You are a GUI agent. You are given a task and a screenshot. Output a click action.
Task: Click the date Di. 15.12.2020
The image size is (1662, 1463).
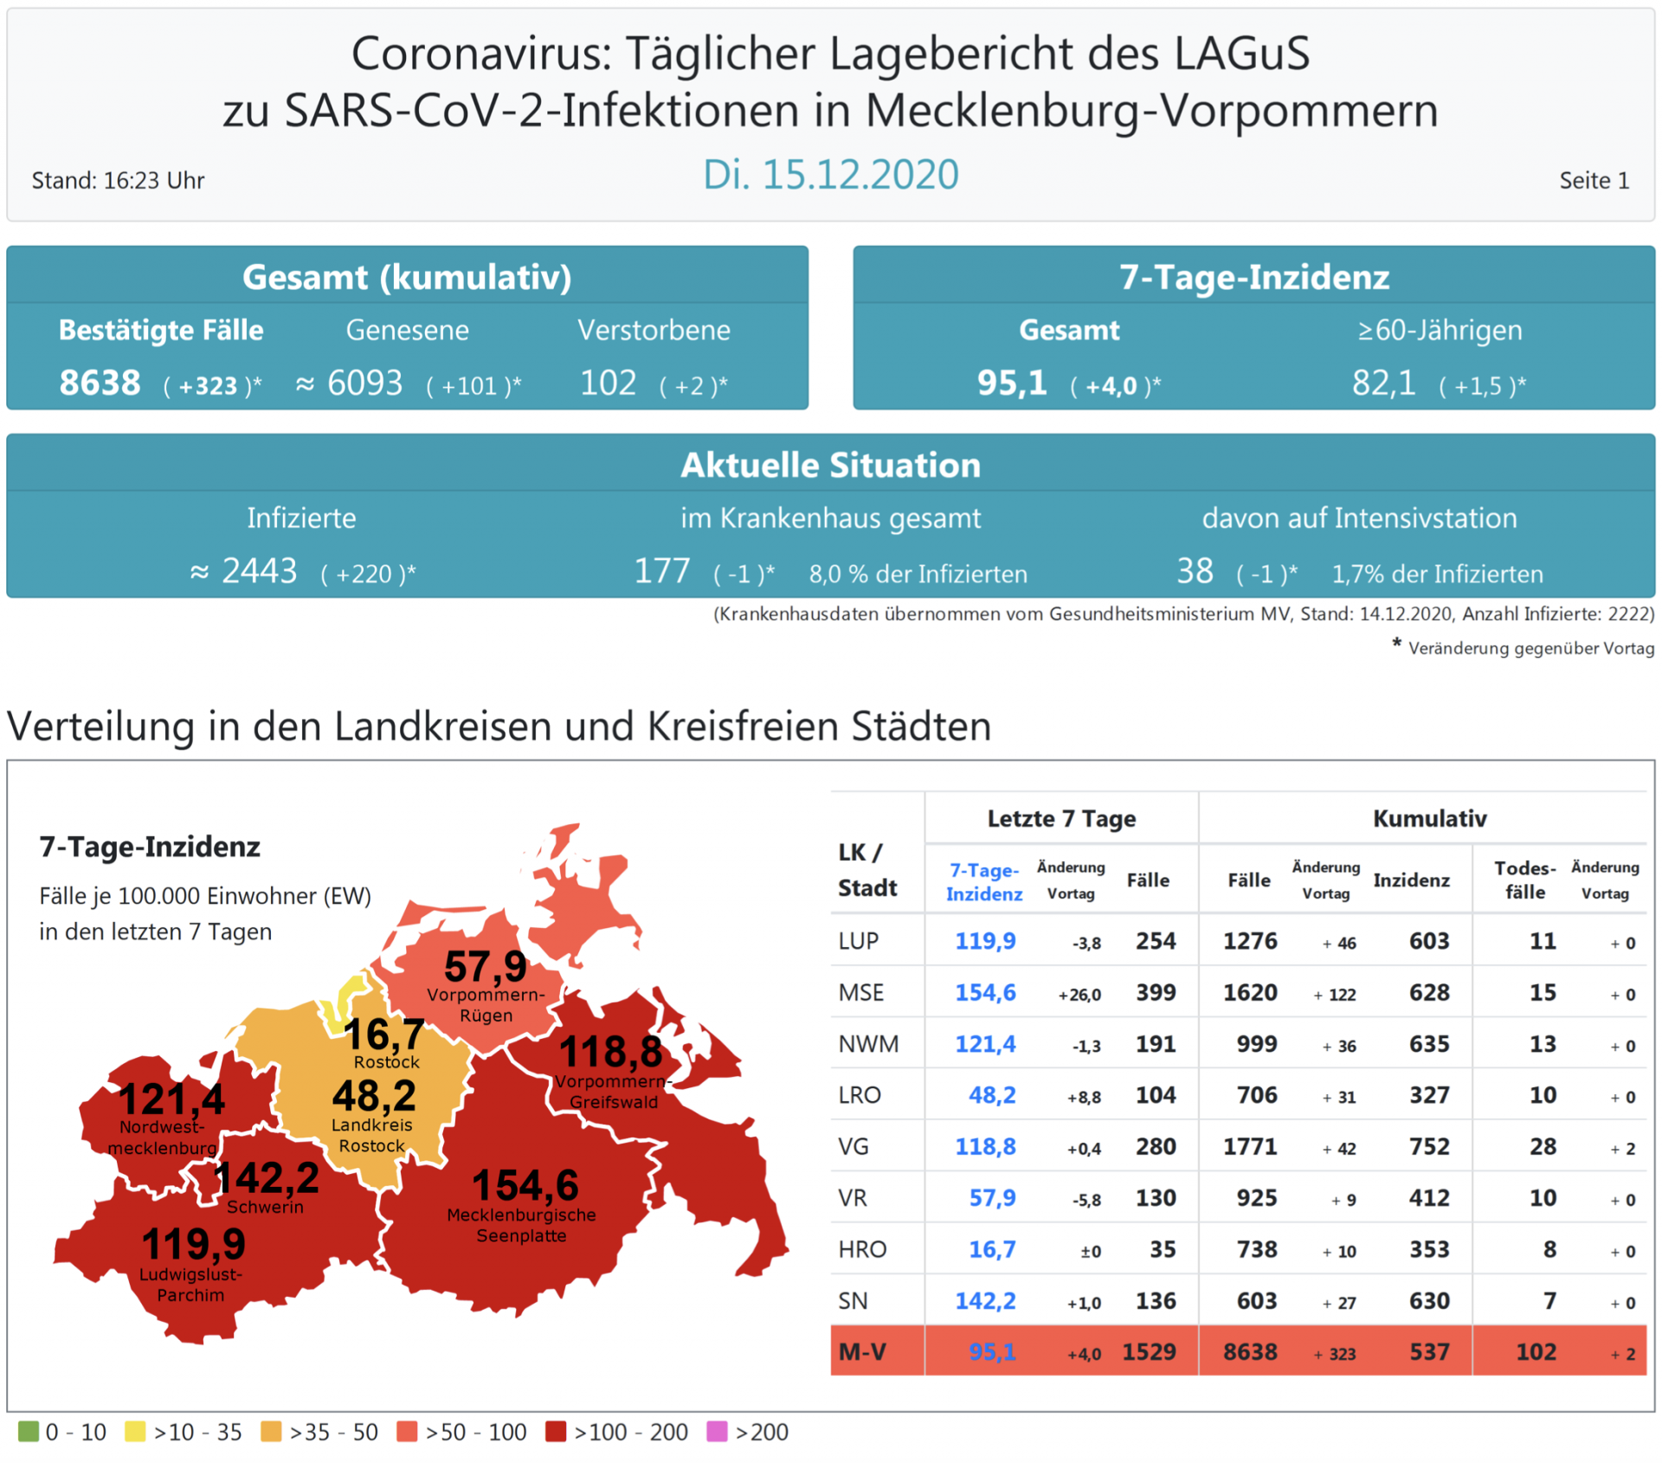tap(830, 175)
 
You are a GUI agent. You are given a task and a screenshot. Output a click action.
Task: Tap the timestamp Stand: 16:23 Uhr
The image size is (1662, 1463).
tap(118, 181)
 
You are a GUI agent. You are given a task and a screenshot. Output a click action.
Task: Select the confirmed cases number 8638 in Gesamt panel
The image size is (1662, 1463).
tap(100, 383)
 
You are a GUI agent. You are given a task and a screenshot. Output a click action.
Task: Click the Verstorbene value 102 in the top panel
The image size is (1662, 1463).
tap(608, 383)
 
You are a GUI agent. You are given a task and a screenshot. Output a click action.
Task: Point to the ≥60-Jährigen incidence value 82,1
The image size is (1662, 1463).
tap(1383, 383)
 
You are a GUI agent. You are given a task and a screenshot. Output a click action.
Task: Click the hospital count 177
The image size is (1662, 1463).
tap(662, 571)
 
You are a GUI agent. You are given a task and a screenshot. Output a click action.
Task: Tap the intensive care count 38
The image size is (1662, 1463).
tap(1195, 571)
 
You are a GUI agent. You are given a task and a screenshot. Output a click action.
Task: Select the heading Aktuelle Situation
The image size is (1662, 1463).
tap(830, 465)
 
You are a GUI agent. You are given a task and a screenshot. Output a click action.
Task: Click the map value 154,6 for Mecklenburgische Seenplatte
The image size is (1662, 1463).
tap(525, 1185)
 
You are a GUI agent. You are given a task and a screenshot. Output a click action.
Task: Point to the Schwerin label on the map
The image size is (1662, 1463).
tap(265, 1207)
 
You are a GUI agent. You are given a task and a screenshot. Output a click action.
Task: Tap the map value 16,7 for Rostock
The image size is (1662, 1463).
tap(384, 1034)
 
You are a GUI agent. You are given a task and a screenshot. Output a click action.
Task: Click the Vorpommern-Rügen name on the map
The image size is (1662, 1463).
tap(486, 1005)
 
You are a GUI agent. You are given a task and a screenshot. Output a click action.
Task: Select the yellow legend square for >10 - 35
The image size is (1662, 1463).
tap(135, 1431)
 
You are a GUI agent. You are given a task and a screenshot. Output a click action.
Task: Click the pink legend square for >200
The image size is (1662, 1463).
tap(717, 1431)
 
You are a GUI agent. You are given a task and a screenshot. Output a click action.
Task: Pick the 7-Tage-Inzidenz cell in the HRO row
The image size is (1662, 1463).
tap(992, 1249)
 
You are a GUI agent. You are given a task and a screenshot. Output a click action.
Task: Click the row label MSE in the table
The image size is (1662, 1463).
tap(861, 992)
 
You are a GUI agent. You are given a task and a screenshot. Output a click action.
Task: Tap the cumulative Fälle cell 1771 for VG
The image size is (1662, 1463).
tap(1250, 1146)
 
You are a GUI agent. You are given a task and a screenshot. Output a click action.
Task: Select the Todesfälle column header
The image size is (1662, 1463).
tap(1524, 880)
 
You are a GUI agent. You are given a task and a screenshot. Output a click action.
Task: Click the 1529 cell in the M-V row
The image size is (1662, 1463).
tap(1149, 1351)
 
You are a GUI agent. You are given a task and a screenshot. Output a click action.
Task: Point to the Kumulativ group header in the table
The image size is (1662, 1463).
tap(1429, 818)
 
